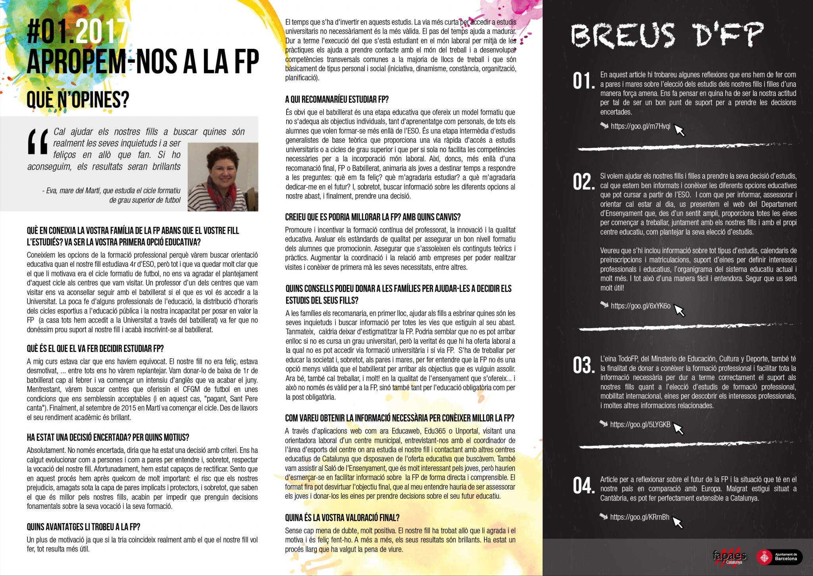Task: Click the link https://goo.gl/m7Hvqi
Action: point(640,126)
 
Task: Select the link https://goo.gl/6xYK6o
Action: point(640,306)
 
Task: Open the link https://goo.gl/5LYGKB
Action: point(640,425)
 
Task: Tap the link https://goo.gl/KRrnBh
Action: point(640,517)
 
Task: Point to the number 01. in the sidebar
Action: point(584,82)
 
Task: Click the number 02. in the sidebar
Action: point(584,182)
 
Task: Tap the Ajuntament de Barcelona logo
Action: point(778,557)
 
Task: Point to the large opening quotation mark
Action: point(38,142)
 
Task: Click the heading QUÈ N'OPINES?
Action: point(78,100)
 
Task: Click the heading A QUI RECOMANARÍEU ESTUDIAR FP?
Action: point(337,99)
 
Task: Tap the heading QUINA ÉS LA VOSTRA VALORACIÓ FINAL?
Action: point(342,518)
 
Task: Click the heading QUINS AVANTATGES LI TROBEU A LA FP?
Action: point(83,527)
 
